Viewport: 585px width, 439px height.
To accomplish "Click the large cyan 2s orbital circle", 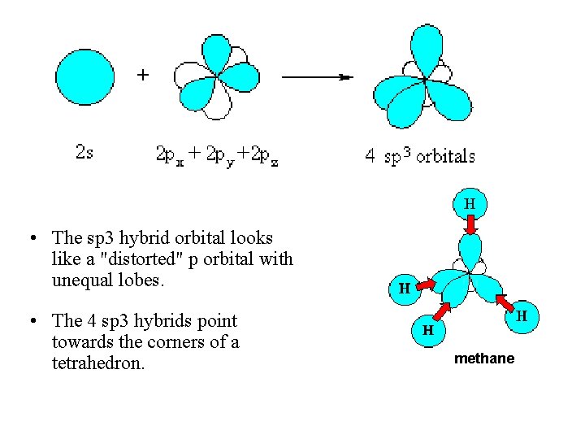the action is pos(85,76).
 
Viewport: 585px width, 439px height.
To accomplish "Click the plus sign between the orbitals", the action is pos(143,76).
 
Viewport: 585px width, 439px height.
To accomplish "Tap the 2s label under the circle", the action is pos(84,151).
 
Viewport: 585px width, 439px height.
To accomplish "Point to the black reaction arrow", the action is pos(317,76).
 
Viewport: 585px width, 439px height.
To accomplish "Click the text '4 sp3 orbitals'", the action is pos(419,156).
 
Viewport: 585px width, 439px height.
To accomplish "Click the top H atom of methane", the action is pos(470,203).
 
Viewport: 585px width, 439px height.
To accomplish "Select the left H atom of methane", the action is pos(404,287).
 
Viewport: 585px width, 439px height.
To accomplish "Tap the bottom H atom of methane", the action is pos(427,330).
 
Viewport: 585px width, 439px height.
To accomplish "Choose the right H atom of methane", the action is pos(522,315).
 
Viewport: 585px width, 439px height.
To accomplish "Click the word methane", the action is pos(484,358).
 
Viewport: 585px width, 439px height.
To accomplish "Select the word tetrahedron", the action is pos(97,363).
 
